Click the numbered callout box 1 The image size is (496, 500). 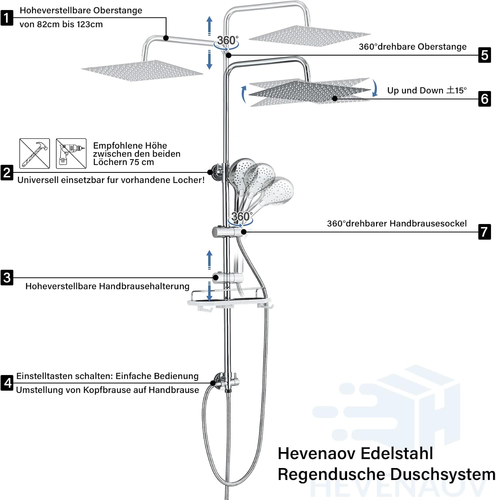pos(7,18)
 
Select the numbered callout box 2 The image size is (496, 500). pos(7,172)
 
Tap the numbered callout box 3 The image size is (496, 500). pos(7,278)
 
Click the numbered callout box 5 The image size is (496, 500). pos(485,55)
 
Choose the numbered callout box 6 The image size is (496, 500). pos(485,99)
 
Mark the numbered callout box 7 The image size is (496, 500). pos(485,232)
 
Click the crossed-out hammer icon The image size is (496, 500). pos(35,153)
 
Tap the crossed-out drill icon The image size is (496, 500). pos(71,153)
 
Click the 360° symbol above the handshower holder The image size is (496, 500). pos(241,218)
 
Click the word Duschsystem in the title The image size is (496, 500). pos(443,474)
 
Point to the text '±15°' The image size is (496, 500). pos(457,90)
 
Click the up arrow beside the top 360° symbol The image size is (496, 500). pos(210,25)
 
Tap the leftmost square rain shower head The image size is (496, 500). pos(142,70)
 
